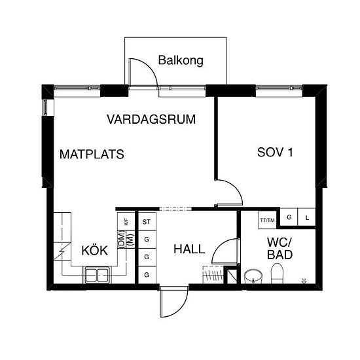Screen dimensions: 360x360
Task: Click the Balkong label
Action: (181, 61)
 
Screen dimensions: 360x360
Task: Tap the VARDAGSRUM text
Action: (151, 119)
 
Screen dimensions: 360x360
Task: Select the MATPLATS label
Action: (92, 154)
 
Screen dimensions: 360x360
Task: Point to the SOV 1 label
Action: (275, 153)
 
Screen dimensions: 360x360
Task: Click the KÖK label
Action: (95, 250)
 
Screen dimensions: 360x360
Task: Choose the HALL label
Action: (189, 249)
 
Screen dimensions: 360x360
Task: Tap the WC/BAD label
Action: (280, 249)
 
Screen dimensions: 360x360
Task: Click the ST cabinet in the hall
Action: (147, 221)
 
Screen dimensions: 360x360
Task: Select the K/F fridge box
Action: (126, 221)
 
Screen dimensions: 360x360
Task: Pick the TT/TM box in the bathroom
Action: (268, 220)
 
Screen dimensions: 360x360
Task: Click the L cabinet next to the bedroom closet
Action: (307, 217)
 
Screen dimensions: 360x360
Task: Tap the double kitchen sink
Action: (97, 275)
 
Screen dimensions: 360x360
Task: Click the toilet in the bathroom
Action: (277, 274)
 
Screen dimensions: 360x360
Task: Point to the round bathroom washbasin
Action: (253, 276)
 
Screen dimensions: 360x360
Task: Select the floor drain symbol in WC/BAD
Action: (304, 281)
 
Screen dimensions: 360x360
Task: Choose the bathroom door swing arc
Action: (220, 246)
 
